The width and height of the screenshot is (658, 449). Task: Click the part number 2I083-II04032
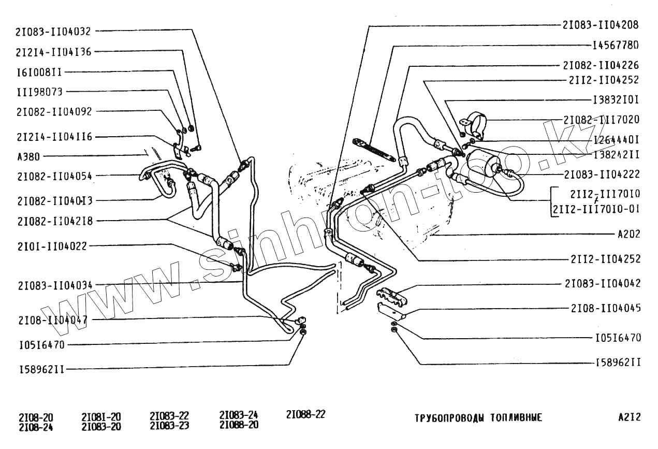coord(53,31)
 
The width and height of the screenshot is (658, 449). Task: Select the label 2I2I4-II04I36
coord(53,51)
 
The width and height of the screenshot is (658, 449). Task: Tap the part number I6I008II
coord(40,71)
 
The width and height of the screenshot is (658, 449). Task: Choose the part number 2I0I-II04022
coord(52,246)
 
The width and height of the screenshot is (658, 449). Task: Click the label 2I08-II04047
coord(52,320)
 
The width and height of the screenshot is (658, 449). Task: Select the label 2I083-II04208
coord(601,25)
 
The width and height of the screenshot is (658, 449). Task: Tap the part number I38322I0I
coord(616,99)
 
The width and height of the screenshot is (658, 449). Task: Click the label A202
coord(629,234)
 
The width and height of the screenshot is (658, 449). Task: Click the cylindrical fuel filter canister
coord(484,165)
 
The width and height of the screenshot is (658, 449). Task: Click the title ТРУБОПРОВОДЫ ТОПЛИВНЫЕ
coord(478,418)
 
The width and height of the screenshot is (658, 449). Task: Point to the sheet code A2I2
coord(629,417)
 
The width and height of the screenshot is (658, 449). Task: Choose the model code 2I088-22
coord(305,415)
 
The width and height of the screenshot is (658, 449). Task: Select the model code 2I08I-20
coord(101,417)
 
